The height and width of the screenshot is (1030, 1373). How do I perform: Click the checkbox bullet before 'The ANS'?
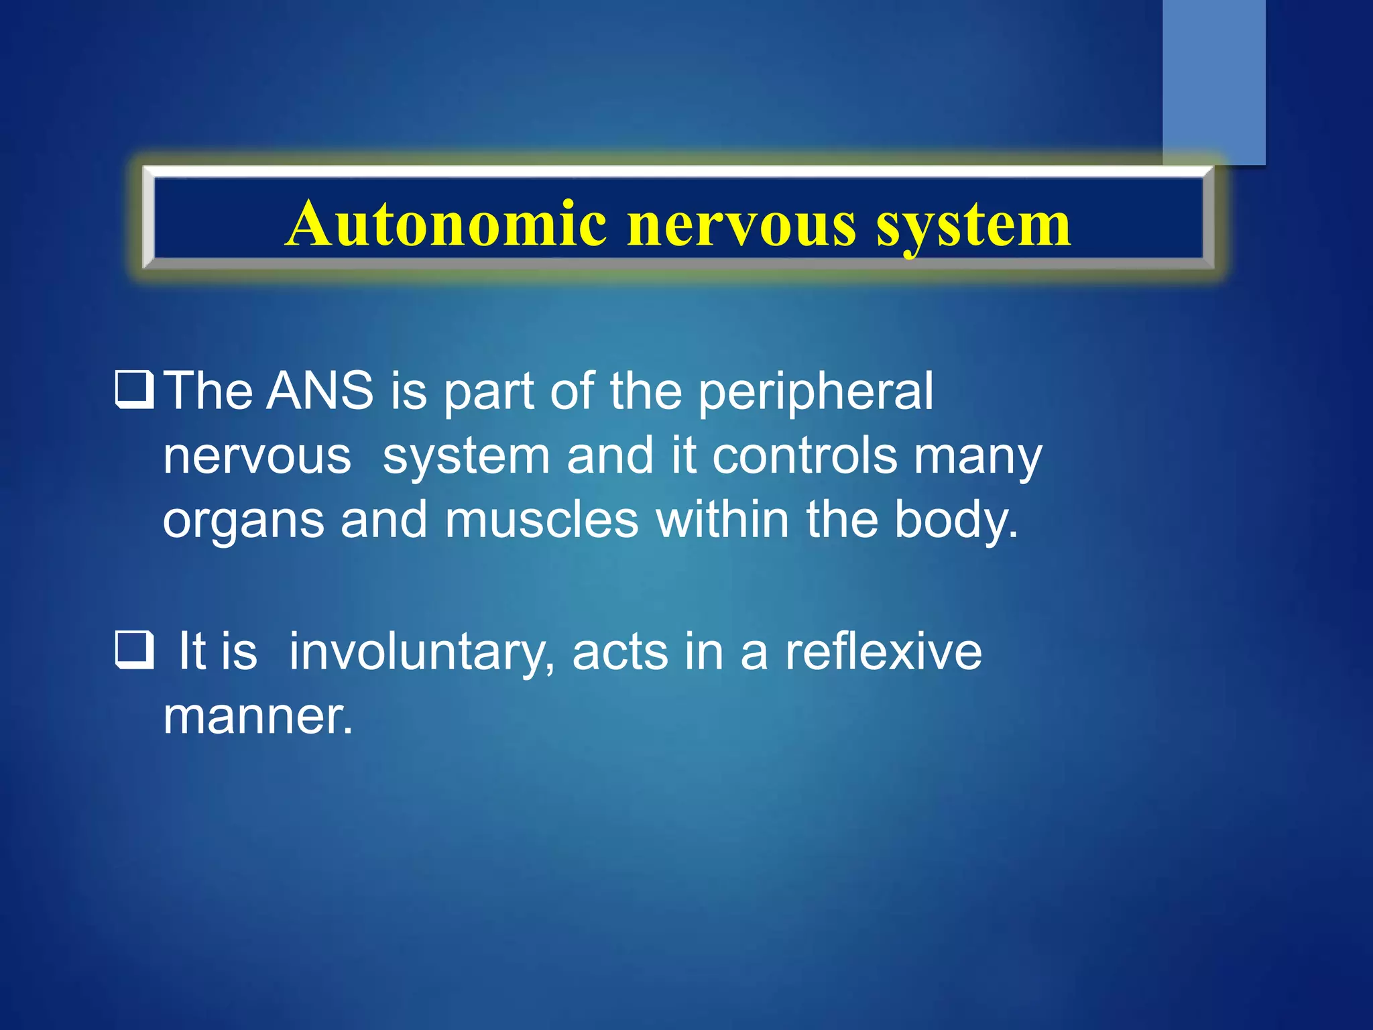(x=135, y=390)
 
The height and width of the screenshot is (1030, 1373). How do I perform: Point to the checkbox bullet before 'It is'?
(x=135, y=650)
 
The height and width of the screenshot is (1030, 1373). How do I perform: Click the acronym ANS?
(x=320, y=390)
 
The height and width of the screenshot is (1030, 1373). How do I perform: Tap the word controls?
(x=804, y=456)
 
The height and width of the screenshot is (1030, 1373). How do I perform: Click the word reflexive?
(x=883, y=652)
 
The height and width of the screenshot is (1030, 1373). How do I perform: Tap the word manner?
(x=257, y=717)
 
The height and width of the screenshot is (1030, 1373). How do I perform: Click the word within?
(x=722, y=520)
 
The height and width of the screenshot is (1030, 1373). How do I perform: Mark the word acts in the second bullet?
(x=620, y=652)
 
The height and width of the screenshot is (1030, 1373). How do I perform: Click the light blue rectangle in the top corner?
(x=1213, y=80)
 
